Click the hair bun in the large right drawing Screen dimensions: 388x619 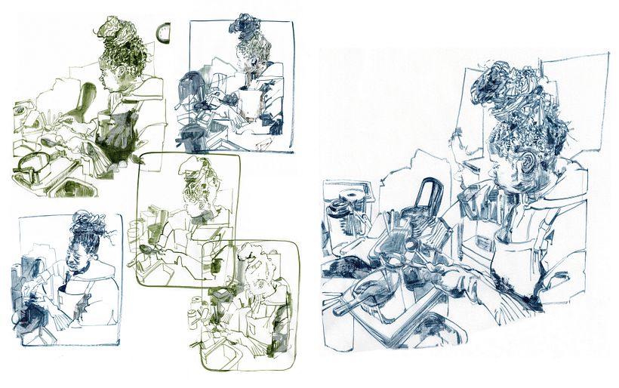coord(504,85)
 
